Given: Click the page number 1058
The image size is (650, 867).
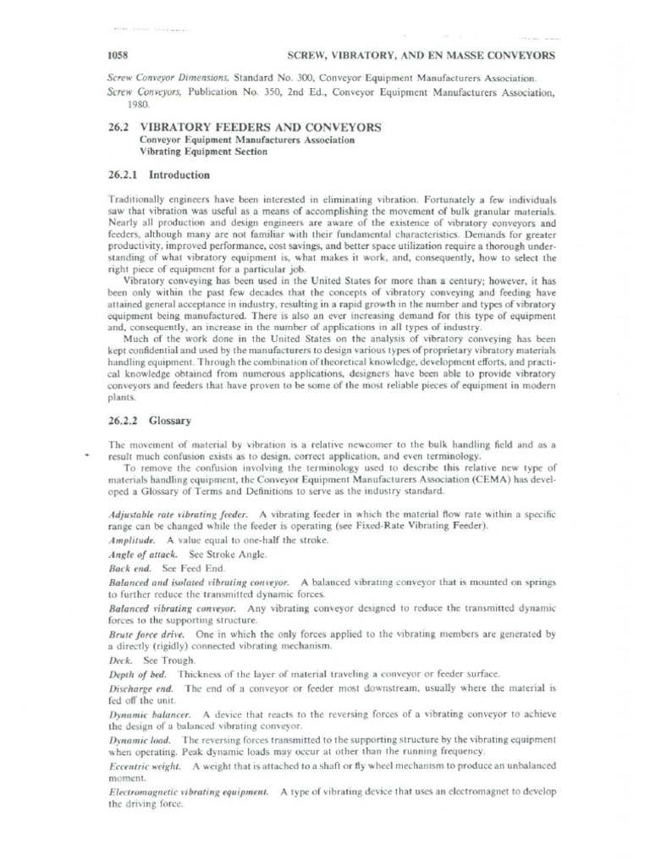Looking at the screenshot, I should point(116,55).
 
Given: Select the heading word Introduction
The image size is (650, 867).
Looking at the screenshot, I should point(179,175).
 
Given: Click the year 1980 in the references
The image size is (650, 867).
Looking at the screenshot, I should point(137,105).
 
